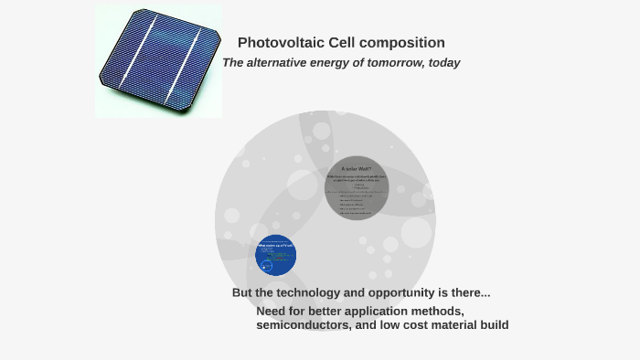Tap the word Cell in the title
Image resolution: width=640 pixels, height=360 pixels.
pyautogui.click(x=340, y=43)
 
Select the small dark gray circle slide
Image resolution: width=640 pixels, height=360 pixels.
pyautogui.click(x=358, y=188)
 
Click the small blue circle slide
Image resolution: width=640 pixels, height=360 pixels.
pyautogui.click(x=278, y=255)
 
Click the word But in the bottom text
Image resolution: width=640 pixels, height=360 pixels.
pyautogui.click(x=242, y=293)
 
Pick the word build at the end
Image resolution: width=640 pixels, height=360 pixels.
pyautogui.click(x=491, y=325)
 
